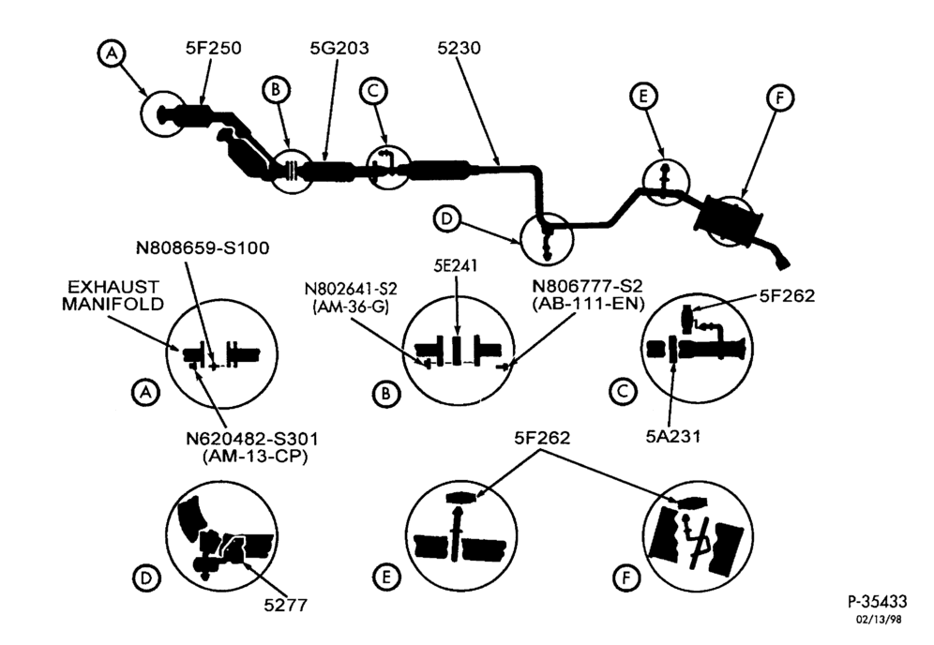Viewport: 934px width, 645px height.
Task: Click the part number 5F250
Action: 213,48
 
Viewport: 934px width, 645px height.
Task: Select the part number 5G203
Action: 339,48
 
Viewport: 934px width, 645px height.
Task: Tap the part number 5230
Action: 459,48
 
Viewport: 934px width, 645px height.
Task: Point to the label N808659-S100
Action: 203,247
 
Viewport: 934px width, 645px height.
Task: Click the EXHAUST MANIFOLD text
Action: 113,295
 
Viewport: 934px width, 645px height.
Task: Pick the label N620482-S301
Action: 252,439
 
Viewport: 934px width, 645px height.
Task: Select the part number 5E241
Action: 456,265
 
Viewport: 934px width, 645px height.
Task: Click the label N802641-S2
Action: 351,290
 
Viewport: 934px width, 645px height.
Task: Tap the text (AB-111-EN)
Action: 588,303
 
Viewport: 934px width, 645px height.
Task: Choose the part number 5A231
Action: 673,437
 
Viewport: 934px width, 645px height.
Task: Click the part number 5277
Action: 286,605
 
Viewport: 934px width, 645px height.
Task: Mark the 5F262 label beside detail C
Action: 787,295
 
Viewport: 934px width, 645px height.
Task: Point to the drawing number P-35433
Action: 878,601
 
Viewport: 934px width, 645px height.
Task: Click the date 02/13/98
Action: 880,620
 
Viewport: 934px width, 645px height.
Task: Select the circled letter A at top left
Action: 112,53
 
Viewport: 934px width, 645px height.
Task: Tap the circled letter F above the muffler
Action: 780,98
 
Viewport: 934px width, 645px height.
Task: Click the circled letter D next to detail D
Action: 146,577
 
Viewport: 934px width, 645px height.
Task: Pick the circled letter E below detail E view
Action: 386,577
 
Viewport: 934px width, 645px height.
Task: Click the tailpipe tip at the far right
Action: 783,262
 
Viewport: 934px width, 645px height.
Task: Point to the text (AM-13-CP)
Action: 255,457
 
